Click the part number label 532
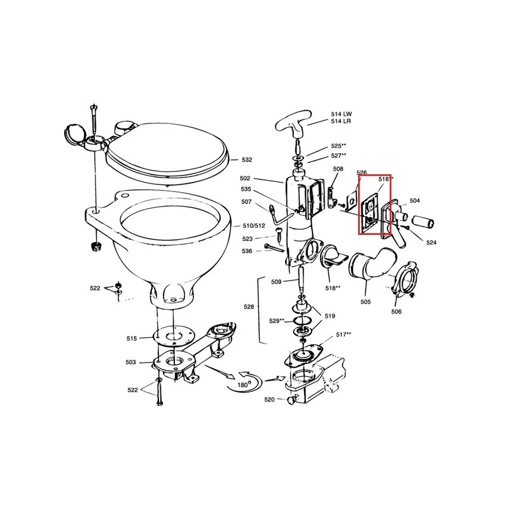pyautogui.click(x=247, y=160)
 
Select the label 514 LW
pyautogui.click(x=341, y=114)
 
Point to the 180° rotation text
pyautogui.click(x=242, y=385)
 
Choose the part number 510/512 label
pyautogui.click(x=254, y=226)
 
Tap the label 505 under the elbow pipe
pyautogui.click(x=365, y=302)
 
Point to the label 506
pyautogui.click(x=396, y=312)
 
